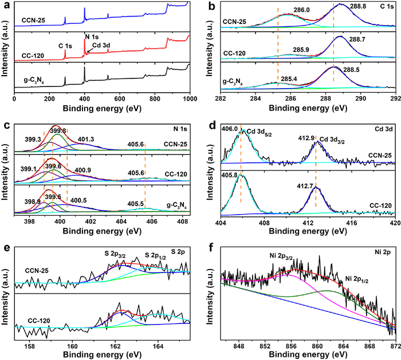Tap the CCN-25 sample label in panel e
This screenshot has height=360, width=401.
(37, 268)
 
